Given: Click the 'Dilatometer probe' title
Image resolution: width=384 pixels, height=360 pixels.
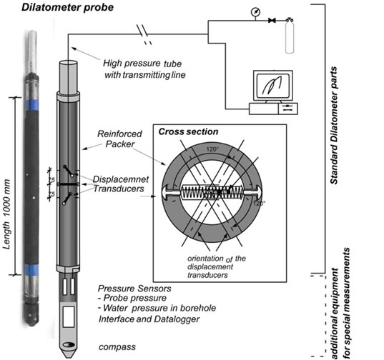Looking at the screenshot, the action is [68, 7].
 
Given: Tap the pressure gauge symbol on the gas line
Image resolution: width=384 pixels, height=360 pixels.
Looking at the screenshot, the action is [255, 12].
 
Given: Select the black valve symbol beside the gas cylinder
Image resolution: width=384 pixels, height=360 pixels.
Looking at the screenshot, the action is [272, 20].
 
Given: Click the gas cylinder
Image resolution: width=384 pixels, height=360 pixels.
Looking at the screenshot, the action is [290, 36].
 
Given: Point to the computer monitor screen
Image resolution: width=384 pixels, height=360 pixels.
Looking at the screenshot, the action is [273, 85].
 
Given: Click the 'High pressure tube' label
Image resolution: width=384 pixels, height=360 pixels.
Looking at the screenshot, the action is [142, 64].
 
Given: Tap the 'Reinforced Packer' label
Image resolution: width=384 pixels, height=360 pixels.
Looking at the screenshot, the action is [119, 139].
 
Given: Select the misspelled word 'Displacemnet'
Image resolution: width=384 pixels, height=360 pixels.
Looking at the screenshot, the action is [121, 179].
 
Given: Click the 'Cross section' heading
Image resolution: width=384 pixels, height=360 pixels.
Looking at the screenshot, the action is [188, 131].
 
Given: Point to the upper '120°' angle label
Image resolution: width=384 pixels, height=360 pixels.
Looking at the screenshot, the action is [212, 149].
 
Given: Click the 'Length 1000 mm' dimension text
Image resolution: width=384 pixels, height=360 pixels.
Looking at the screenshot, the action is [7, 214].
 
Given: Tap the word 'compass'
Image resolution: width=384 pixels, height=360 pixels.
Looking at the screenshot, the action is [117, 347].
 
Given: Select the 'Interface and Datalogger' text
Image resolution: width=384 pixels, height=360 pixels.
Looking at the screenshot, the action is [149, 319].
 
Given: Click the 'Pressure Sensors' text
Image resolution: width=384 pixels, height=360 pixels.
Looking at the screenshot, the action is [134, 289].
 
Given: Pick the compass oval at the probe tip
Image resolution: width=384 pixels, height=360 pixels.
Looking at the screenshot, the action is [69, 344].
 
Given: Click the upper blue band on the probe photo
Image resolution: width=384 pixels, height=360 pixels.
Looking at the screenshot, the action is [31, 105].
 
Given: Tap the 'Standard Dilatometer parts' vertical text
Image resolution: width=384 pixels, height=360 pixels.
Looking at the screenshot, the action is [334, 125].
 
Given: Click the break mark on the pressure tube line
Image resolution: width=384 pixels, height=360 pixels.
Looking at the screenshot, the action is [144, 34].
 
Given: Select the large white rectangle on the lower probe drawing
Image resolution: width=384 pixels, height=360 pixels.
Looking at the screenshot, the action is [69, 316].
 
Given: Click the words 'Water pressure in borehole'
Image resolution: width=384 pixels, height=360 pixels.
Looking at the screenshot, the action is [159, 308].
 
